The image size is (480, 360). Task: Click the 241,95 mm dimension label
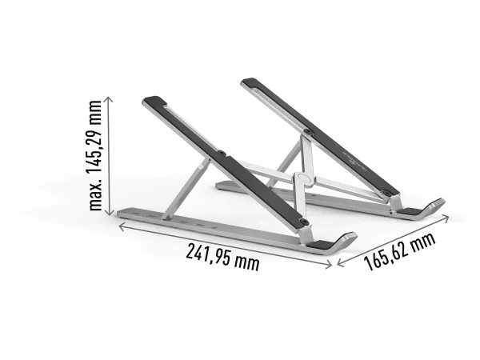coord(223,257)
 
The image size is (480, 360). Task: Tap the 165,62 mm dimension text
coord(399,251)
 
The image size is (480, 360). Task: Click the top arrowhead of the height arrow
coord(109,99)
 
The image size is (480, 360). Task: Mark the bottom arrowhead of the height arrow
coord(110,212)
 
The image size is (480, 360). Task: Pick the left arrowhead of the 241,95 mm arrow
coord(122,227)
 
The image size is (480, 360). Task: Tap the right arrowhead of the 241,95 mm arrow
coord(329,265)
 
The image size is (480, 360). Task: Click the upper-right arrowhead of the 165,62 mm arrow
coord(446,218)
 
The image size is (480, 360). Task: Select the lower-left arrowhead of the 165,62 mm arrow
coord(341,262)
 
